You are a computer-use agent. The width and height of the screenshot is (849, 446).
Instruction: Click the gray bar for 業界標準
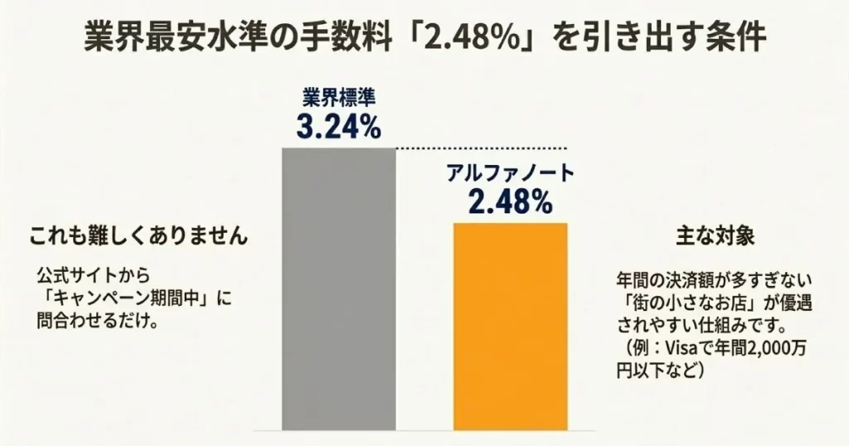339,288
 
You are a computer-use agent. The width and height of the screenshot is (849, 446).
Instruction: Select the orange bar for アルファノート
510,326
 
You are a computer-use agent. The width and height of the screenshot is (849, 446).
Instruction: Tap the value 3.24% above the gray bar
338,127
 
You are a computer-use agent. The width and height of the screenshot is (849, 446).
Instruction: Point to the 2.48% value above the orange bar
510,201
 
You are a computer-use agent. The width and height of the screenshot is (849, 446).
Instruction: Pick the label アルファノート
510,174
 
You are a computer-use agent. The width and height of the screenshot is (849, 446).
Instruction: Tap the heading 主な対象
715,235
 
